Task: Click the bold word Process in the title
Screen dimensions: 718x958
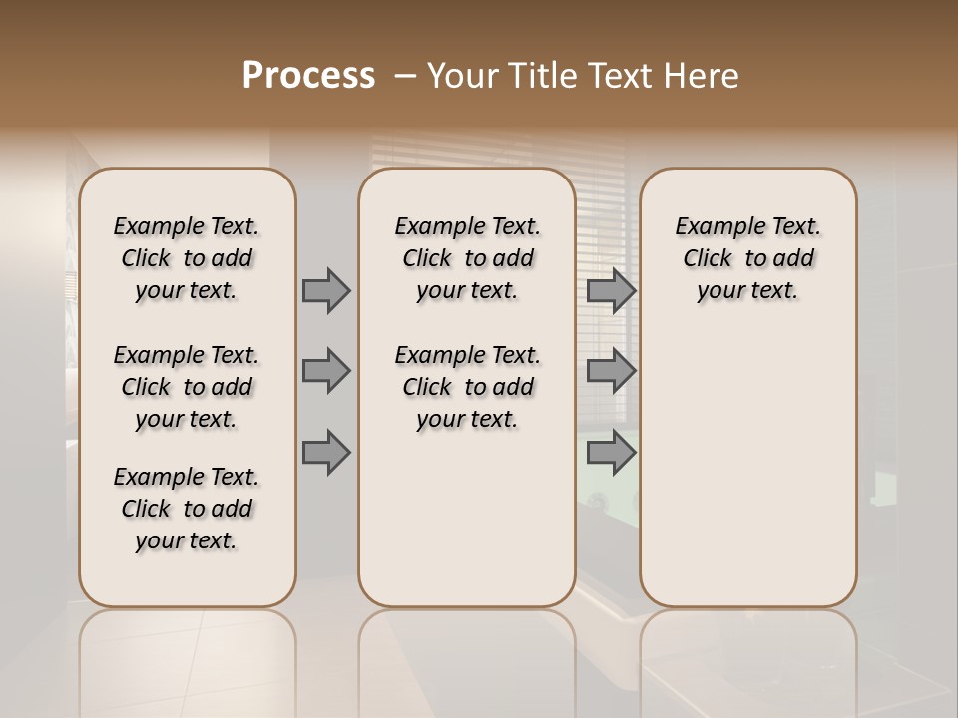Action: coord(308,75)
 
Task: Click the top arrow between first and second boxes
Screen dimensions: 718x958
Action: coord(326,291)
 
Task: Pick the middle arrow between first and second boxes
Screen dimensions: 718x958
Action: coord(326,372)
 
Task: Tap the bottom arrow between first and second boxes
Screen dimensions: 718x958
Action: coord(326,453)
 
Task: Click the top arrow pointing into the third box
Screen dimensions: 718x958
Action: coord(611,291)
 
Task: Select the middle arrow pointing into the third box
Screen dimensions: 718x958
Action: coord(611,372)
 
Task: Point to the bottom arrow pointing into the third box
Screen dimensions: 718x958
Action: coord(611,453)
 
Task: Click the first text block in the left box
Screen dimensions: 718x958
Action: coord(187,258)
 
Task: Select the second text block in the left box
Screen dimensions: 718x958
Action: coord(187,387)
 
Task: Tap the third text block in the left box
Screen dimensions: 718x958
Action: coord(187,509)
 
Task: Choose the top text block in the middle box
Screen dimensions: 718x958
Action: coord(467,258)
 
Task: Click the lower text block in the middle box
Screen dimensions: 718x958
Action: coord(467,387)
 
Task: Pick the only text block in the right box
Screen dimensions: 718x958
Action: coord(747,258)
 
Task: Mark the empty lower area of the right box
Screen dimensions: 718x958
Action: coord(747,459)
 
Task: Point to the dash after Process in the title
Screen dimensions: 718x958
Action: coord(405,75)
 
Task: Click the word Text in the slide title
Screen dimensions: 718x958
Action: coord(619,75)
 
